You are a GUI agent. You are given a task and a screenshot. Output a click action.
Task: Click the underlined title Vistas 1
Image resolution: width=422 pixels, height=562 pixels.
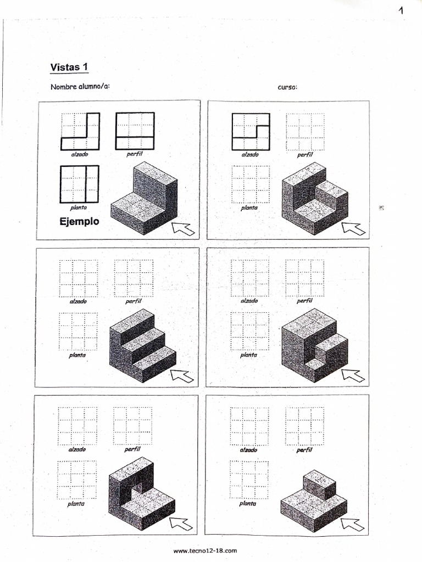pyautogui.click(x=69, y=67)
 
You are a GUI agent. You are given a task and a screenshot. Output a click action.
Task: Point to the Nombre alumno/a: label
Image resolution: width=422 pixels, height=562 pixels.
pyautogui.click(x=80, y=87)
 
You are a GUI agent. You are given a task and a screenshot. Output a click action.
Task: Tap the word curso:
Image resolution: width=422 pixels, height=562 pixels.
pyautogui.click(x=287, y=87)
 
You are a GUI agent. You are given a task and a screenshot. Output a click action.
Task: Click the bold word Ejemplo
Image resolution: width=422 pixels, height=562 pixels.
pyautogui.click(x=79, y=221)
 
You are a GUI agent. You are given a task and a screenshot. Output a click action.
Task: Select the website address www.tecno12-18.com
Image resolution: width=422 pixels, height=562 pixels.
pyautogui.click(x=205, y=551)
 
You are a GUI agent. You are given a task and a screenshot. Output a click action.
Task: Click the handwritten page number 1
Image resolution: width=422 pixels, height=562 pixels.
pyautogui.click(x=401, y=10)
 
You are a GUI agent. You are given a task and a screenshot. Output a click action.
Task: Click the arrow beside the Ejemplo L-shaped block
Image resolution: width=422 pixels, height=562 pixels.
pyautogui.click(x=183, y=228)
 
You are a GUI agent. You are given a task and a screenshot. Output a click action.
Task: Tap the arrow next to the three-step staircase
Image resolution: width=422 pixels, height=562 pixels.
pyautogui.click(x=181, y=375)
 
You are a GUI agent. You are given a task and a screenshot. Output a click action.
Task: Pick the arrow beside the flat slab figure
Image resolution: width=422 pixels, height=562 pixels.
pyautogui.click(x=352, y=524)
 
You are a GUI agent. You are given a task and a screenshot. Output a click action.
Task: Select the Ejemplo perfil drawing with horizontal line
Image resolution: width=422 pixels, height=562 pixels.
pyautogui.click(x=135, y=131)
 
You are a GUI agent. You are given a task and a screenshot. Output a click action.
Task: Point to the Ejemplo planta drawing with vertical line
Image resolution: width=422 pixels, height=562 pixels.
pyautogui.click(x=79, y=184)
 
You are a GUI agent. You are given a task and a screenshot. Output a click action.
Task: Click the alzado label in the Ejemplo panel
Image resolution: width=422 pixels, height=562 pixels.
pyautogui.click(x=80, y=154)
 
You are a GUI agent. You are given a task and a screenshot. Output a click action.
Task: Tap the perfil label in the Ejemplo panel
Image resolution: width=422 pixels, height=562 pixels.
pyautogui.click(x=135, y=154)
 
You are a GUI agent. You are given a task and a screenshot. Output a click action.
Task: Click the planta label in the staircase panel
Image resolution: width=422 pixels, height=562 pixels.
pyautogui.click(x=77, y=355)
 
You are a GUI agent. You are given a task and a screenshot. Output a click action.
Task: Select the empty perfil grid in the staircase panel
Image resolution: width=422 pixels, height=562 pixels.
pyautogui.click(x=134, y=278)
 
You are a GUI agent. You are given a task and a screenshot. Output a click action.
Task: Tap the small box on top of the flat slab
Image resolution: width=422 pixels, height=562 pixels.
pyautogui.click(x=319, y=485)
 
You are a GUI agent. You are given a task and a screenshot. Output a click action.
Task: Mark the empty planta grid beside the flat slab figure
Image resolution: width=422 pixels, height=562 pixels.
pyautogui.click(x=249, y=480)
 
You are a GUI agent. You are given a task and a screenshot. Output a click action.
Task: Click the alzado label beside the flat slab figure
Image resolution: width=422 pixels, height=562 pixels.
pyautogui.click(x=248, y=450)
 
